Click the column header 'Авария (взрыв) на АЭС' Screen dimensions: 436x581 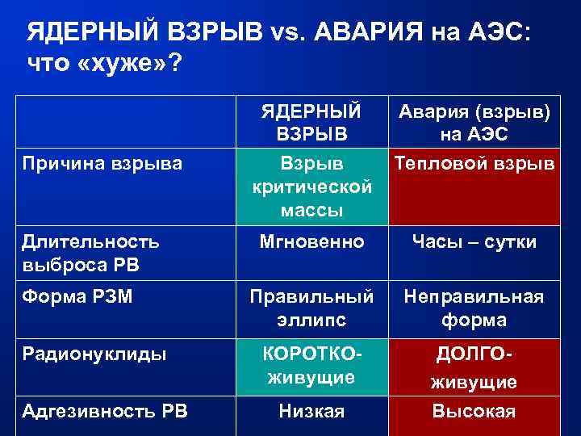point(474,121)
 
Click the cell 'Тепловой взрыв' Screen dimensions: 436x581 point(474,164)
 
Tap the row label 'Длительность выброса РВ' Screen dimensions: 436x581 point(90,252)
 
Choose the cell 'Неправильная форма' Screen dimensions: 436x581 point(474,308)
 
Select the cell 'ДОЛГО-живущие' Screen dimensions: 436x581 point(474,368)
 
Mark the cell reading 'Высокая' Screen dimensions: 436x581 point(474,411)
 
